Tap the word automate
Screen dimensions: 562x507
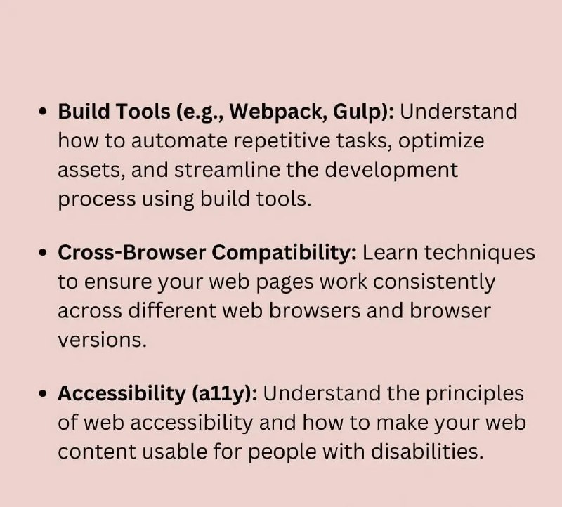tap(179, 140)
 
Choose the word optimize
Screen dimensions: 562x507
tap(441, 141)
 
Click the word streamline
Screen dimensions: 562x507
tap(227, 169)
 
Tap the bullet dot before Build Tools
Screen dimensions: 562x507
tap(43, 112)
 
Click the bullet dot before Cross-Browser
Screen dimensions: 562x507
tap(43, 253)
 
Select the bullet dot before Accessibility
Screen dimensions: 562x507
tap(43, 393)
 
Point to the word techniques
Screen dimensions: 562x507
tap(480, 253)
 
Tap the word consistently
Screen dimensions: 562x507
tap(434, 282)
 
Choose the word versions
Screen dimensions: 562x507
tap(103, 341)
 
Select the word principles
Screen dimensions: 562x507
tap(475, 394)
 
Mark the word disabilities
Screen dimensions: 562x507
tap(427, 452)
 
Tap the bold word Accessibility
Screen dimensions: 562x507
tap(122, 393)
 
